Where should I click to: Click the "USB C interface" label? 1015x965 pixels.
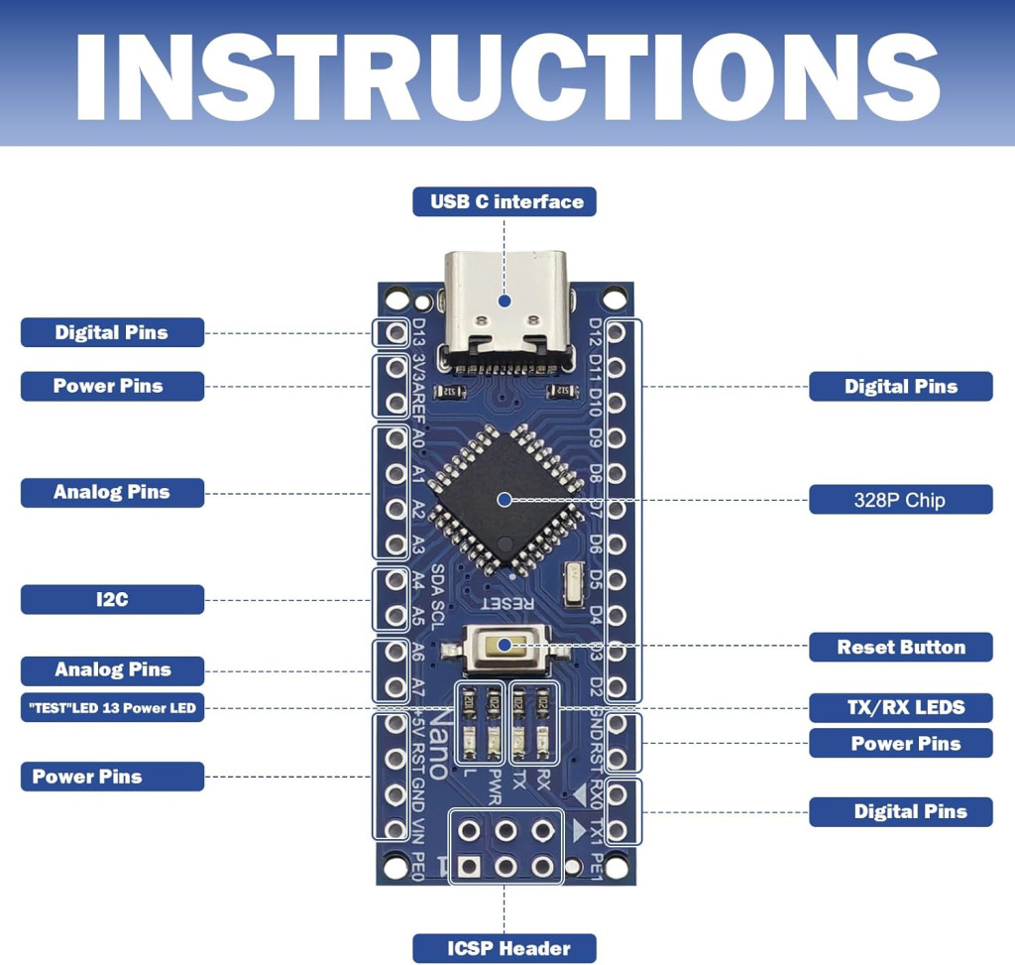[505, 201]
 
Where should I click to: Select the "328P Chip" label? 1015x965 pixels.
[900, 500]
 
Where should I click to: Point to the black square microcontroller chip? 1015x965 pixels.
[504, 499]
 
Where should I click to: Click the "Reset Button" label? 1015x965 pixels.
[900, 648]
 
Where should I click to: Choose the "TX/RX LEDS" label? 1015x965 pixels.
[900, 707]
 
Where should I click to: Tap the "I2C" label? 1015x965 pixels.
[112, 599]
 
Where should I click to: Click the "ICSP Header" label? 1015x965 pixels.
[505, 948]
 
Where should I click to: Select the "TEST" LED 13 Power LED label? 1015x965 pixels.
[112, 708]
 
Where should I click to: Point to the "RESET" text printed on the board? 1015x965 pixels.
[507, 602]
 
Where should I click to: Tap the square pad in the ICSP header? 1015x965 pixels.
[470, 866]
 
